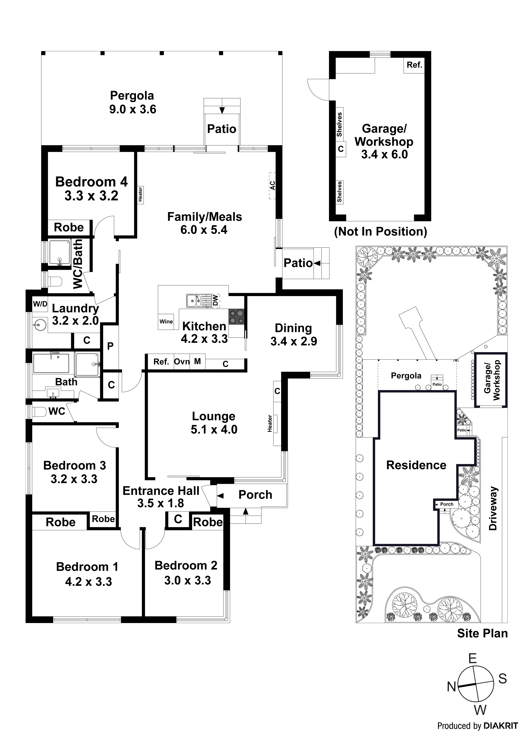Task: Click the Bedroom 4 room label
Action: (91, 182)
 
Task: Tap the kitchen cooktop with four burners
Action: (236, 317)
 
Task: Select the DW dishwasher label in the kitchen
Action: (215, 300)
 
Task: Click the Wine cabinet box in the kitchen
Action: (166, 322)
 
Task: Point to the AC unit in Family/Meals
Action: (272, 185)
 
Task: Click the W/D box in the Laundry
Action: (40, 304)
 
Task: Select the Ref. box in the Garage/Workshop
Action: (414, 65)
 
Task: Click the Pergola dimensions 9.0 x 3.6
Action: (133, 109)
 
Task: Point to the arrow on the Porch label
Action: (221, 496)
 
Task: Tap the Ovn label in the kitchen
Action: (182, 362)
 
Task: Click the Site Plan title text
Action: (482, 633)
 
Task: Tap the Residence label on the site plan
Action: (416, 465)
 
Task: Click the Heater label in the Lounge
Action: (270, 424)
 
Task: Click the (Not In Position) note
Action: (380, 232)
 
